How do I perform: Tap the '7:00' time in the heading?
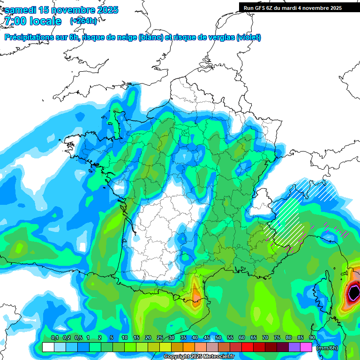point(15,21)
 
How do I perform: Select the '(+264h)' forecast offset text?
point(83,21)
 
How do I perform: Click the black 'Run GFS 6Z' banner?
point(299,8)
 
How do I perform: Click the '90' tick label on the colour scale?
point(312,338)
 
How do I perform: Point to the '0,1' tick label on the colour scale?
point(54,338)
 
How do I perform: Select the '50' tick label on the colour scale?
point(218,338)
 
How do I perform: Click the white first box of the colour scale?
point(48,347)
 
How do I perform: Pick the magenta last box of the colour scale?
point(306,347)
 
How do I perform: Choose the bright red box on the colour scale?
point(247,347)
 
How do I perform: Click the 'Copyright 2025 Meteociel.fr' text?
point(199,357)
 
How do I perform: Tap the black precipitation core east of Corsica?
point(354,293)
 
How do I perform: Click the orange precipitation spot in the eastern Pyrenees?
point(195,294)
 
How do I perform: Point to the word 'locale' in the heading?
point(45,21)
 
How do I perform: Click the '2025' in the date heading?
point(107,10)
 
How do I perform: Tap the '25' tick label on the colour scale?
point(160,338)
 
